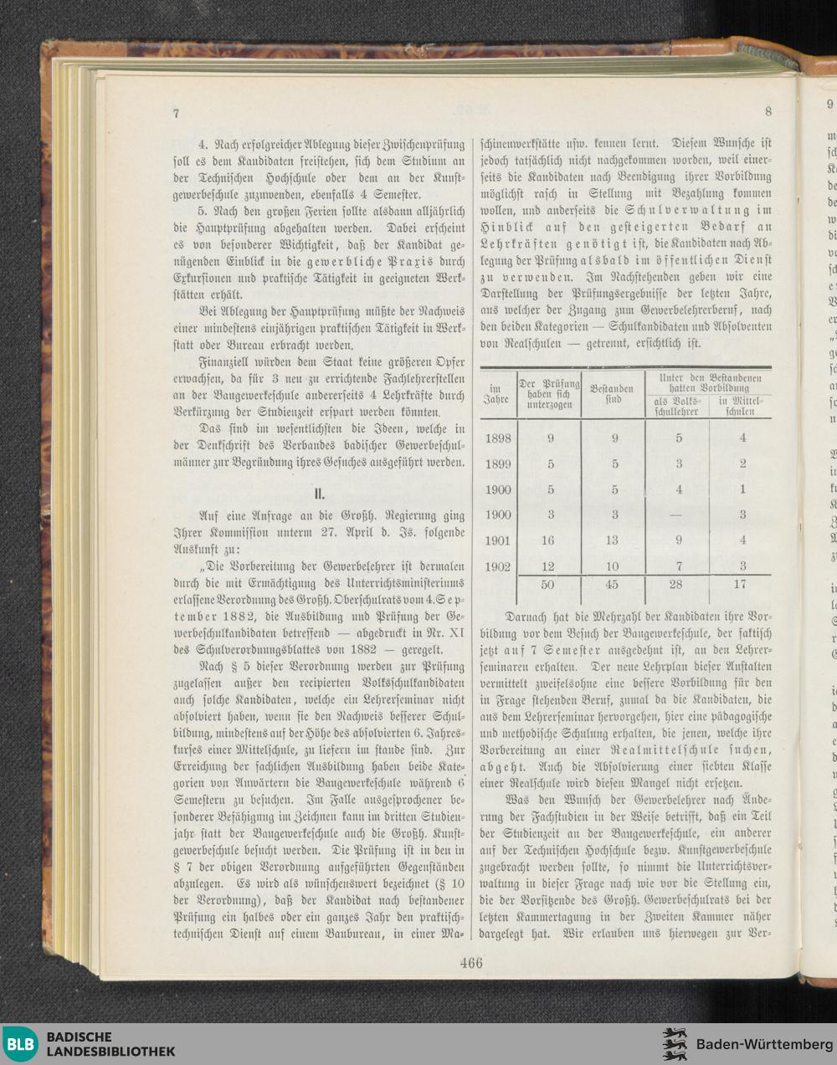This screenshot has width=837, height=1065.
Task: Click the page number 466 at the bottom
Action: coord(471,963)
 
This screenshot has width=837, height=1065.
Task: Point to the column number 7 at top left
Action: coord(177,113)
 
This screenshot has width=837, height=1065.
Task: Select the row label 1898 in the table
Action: coord(499,438)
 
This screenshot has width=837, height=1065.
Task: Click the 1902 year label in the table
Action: coord(499,567)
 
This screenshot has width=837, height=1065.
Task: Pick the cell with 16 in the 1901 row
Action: coord(550,541)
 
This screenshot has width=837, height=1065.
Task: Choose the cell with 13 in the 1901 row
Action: coord(614,541)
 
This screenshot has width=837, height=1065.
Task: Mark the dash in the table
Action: coord(679,515)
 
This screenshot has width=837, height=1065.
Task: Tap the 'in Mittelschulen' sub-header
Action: coord(742,406)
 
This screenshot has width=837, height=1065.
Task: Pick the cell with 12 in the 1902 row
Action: coord(550,567)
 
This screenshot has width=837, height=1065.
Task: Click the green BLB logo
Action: coord(21,1044)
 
